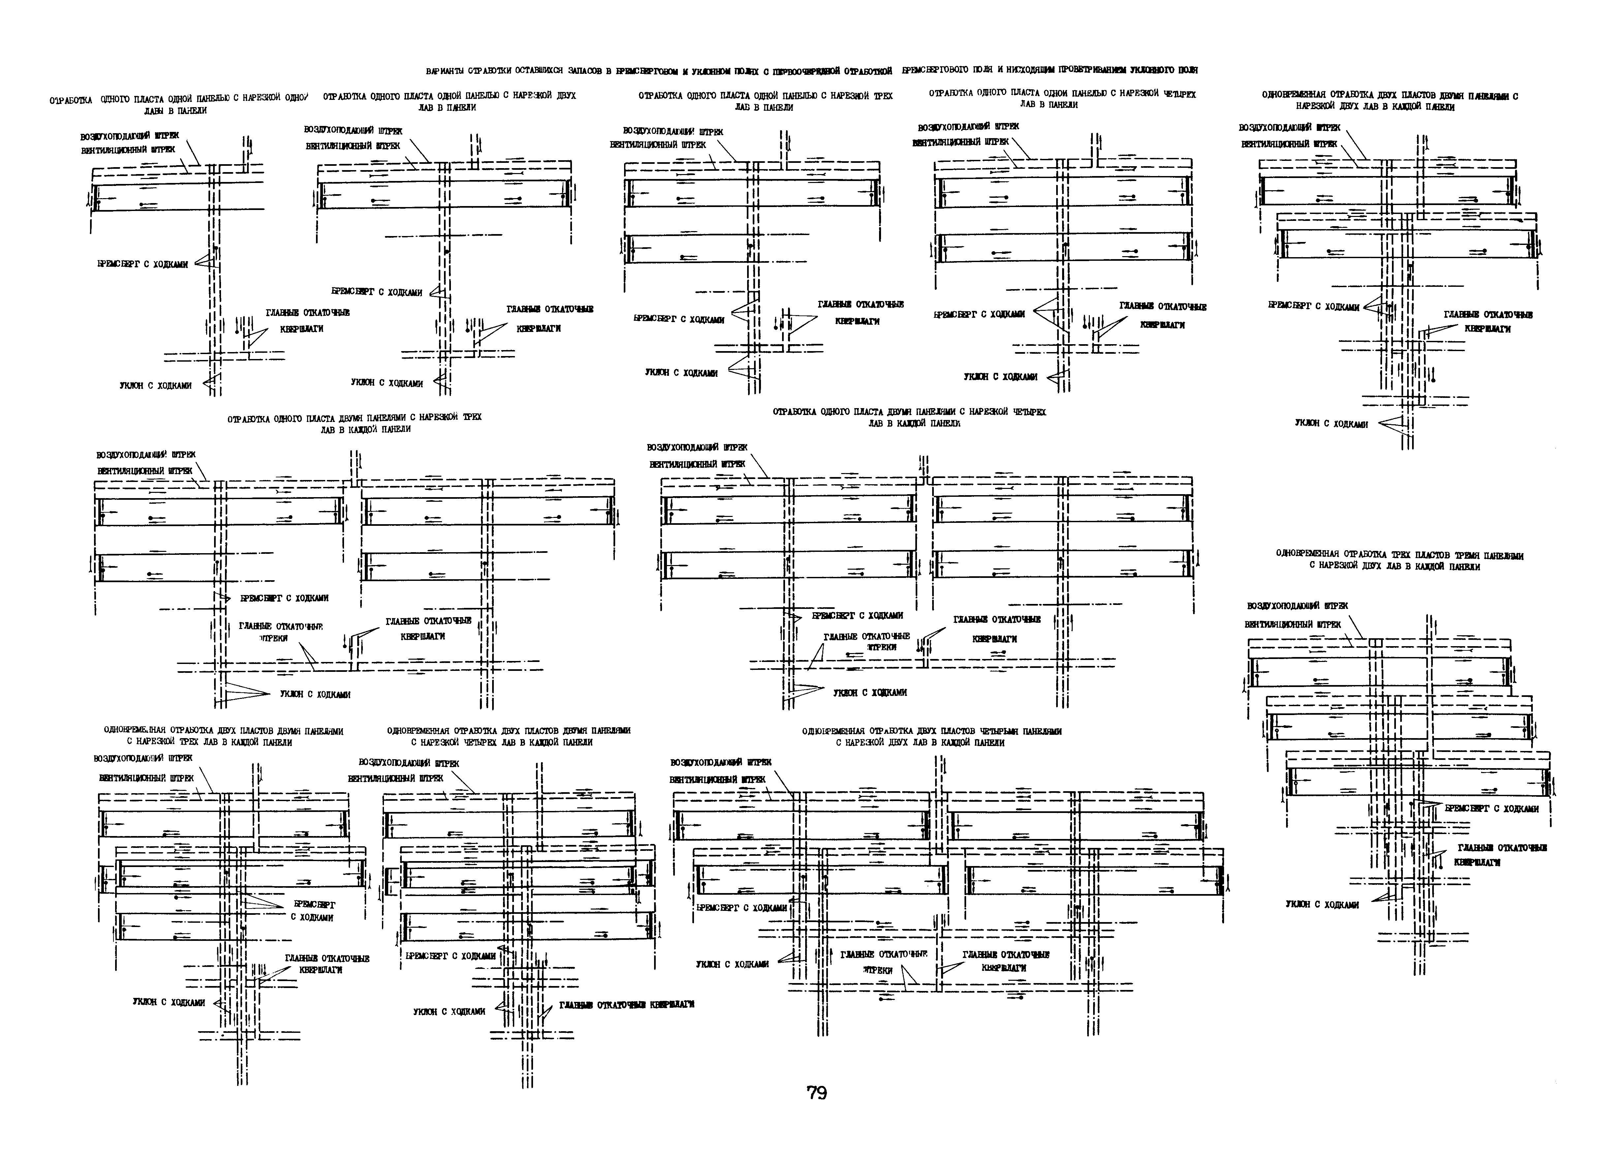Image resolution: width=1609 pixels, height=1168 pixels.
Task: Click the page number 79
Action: pyautogui.click(x=817, y=1093)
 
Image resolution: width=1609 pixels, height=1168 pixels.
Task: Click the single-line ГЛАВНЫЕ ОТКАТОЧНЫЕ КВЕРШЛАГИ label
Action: pyautogui.click(x=626, y=1005)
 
